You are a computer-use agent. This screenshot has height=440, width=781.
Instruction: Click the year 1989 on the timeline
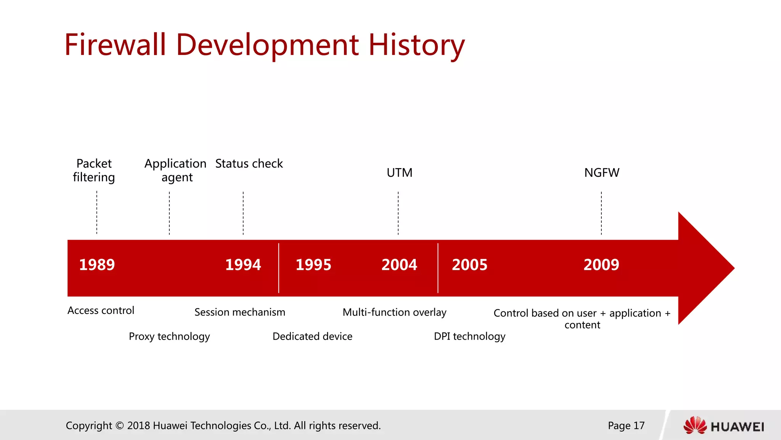click(97, 265)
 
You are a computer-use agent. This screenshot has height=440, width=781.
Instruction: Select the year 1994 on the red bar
click(243, 265)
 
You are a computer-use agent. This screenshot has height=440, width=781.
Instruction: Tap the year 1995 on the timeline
click(313, 265)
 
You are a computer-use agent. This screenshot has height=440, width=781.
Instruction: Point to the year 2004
click(399, 265)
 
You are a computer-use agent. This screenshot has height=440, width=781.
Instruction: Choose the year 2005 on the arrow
click(469, 265)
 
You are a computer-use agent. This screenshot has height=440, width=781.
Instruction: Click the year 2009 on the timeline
click(601, 265)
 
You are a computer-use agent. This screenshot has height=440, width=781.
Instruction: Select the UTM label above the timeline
click(399, 173)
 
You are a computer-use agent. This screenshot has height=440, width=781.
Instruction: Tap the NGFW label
click(602, 173)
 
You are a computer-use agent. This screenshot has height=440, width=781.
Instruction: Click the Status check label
click(249, 164)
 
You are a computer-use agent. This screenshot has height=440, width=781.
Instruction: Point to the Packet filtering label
click(94, 170)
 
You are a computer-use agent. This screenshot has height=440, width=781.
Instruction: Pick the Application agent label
click(175, 170)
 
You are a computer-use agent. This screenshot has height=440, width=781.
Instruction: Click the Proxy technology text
click(169, 336)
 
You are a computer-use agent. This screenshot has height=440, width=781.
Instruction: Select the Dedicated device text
click(312, 336)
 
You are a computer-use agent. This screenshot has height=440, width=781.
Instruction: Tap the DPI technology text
click(469, 336)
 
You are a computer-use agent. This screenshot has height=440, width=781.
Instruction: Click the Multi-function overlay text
click(394, 312)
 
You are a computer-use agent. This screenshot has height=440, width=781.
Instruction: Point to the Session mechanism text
click(240, 312)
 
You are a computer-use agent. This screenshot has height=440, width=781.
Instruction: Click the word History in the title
click(416, 45)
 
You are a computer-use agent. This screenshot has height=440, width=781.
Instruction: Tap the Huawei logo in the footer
click(723, 425)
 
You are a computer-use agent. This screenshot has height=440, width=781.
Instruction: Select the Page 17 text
click(626, 425)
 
